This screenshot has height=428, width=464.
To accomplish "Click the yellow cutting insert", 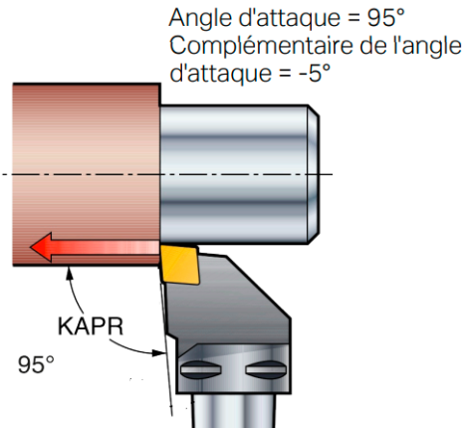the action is coord(180,265).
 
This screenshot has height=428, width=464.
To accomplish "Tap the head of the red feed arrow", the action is coord(41,247).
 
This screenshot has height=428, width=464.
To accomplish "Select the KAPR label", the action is coord(91,326).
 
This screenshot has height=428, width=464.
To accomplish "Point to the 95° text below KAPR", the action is coord(36,364).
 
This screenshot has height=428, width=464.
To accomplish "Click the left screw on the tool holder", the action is coord(201,369).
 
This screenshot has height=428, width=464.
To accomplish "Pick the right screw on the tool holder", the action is coord(266,369).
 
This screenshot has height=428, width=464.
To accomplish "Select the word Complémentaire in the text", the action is coord(262,46).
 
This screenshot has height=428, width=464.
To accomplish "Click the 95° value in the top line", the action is coord(386,17).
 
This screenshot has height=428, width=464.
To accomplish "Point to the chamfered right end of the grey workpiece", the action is coord(314,174).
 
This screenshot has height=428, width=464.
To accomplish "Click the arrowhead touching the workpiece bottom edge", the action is coord(70,273).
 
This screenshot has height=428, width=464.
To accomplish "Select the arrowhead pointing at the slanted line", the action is coord(158,352).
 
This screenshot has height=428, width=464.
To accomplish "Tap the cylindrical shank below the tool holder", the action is coord(234,411).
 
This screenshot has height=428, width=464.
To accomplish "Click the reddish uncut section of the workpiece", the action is coord(87,174).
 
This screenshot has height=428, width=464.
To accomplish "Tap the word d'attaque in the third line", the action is coord(221,74).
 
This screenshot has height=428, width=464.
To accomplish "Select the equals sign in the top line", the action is coord(353,18).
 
